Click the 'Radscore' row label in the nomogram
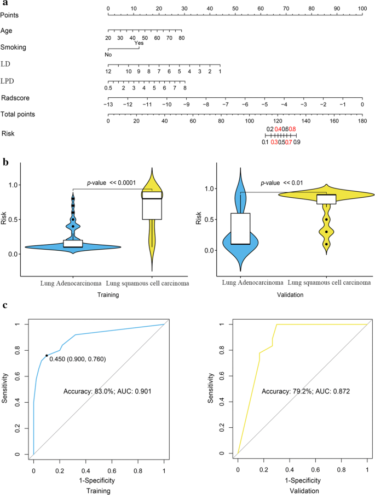pos(15,98)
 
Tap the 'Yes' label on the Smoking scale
pos(139,43)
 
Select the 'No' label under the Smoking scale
pos(108,55)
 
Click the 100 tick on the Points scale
pos(362,9)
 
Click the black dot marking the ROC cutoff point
pos(47,355)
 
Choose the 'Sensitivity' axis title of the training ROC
pos(5,388)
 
